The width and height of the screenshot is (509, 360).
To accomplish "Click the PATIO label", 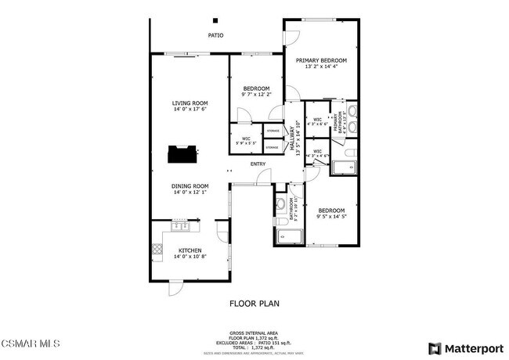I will (x=215, y=35).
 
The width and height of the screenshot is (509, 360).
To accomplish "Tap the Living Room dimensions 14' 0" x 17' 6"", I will (x=190, y=110).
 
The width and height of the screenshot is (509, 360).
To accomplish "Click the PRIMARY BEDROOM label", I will (x=321, y=59).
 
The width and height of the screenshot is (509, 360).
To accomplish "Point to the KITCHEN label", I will (x=190, y=250).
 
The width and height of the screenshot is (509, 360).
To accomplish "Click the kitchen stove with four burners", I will (x=157, y=252).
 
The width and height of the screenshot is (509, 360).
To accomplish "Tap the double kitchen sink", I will (x=181, y=227).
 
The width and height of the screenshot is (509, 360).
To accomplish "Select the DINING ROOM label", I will (x=190, y=186).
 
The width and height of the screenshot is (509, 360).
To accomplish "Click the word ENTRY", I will (x=258, y=164).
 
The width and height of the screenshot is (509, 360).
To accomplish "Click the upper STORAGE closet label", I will (x=273, y=131).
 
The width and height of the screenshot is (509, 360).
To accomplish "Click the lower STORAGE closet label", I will (x=273, y=146).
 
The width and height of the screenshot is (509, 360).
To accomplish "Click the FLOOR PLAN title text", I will (x=254, y=302).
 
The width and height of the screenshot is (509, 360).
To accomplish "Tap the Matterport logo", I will (x=466, y=347).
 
